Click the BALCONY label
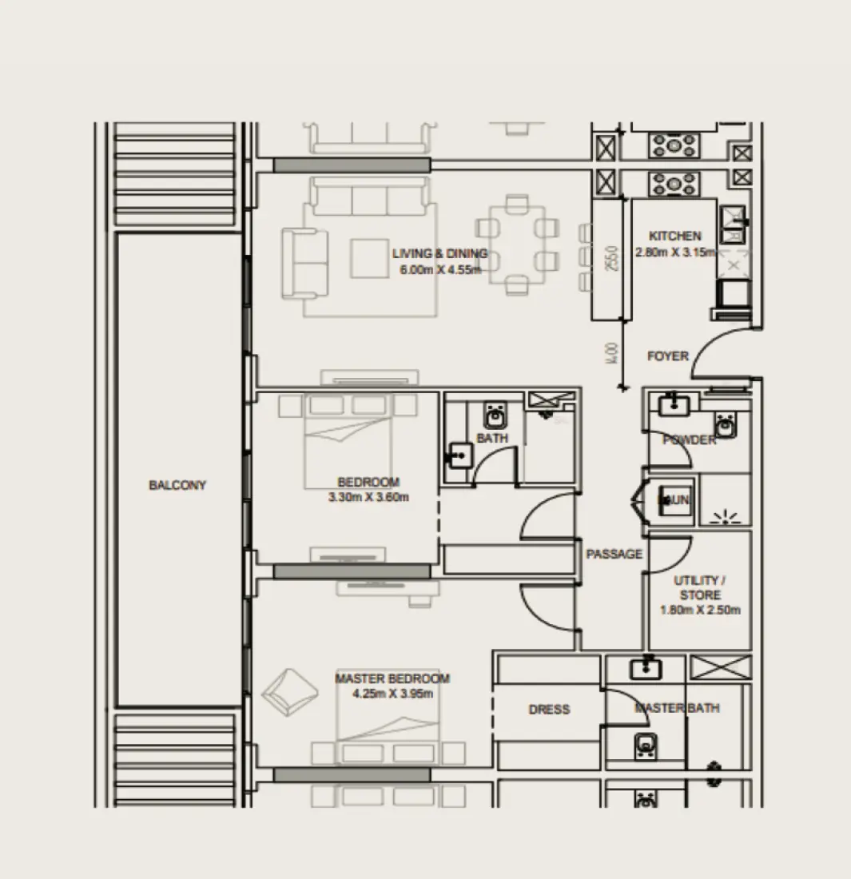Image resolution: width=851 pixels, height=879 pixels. [x=177, y=485]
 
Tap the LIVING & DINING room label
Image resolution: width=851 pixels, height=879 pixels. [x=439, y=254]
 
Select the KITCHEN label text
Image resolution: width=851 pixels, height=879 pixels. [x=675, y=237]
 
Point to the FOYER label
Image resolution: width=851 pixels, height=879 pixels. [x=667, y=356]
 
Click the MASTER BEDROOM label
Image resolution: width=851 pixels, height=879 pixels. [x=392, y=678]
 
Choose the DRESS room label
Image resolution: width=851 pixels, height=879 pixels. [x=549, y=710]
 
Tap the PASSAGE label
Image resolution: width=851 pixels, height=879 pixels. [x=614, y=554]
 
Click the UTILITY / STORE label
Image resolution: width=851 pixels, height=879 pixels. [x=700, y=587]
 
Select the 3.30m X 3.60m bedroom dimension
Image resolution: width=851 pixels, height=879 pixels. [x=368, y=498]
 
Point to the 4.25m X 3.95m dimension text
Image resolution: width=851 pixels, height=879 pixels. [x=392, y=694]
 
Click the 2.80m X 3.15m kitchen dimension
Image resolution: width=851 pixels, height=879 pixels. [x=675, y=252]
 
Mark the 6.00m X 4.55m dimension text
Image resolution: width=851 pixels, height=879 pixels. [x=440, y=270]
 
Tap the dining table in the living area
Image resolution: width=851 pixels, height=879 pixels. [x=512, y=245]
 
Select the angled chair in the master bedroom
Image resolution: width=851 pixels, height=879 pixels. [x=288, y=691]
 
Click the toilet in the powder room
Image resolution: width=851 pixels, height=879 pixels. [x=726, y=425]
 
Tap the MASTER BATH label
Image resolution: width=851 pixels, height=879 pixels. [x=676, y=708]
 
